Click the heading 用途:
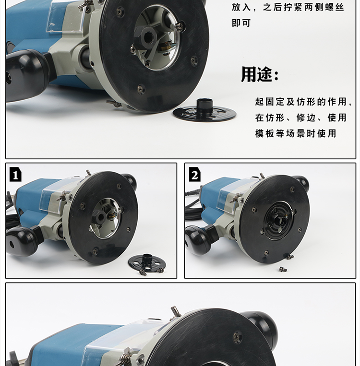click(x=260, y=74)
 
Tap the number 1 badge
click(x=15, y=174)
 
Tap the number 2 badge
click(x=195, y=174)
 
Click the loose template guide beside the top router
click(x=204, y=110)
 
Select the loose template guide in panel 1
click(x=147, y=262)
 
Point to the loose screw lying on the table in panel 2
click(x=283, y=270)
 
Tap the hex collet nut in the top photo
click(x=145, y=37)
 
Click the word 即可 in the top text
click(x=241, y=23)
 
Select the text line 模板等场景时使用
click(x=296, y=133)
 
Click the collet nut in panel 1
click(x=100, y=217)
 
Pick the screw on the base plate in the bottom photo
click(x=237, y=336)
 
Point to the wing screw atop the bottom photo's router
click(x=175, y=312)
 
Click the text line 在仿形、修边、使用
click(x=301, y=118)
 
